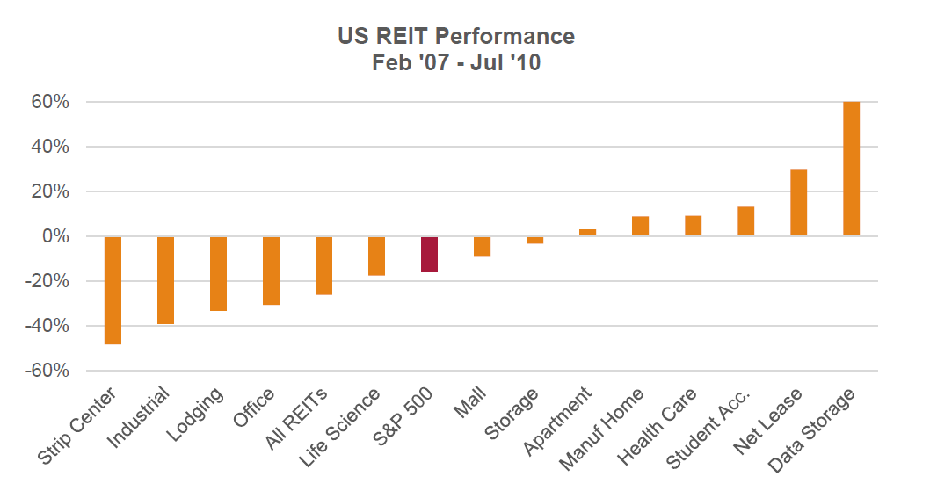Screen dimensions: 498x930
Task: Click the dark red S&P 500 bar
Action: click(429, 254)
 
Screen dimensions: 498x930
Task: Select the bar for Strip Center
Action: click(113, 290)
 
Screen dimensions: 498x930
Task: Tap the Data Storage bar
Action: click(851, 169)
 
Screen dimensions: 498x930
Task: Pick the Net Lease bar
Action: click(798, 202)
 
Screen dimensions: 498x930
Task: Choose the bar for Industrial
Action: click(165, 280)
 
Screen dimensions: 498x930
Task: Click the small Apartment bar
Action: click(587, 233)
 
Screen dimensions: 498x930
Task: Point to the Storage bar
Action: click(534, 240)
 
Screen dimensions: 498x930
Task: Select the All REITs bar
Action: click(323, 265)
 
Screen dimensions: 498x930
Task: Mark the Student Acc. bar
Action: click(745, 221)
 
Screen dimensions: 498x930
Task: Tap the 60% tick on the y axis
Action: click(52, 102)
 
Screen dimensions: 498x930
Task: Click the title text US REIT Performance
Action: click(456, 36)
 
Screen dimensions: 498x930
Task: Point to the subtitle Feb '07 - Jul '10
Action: click(456, 62)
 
